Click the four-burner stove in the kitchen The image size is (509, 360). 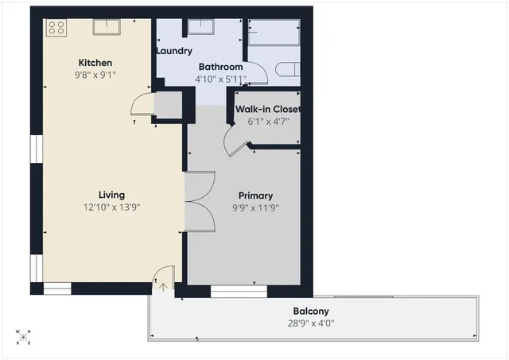[56, 28]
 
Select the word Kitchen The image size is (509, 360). [95, 63]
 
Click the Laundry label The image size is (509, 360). [173, 51]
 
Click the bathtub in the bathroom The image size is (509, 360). [274, 36]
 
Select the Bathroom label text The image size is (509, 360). [220, 67]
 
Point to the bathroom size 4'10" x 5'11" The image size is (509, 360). [220, 79]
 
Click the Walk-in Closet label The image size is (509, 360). [267, 109]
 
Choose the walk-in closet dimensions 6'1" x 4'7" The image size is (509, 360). [267, 122]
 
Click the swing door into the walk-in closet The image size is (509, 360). [235, 143]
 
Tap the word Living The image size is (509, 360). [111, 195]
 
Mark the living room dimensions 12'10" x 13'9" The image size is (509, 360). [111, 207]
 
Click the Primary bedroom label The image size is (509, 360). [255, 195]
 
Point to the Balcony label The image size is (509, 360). [310, 311]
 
